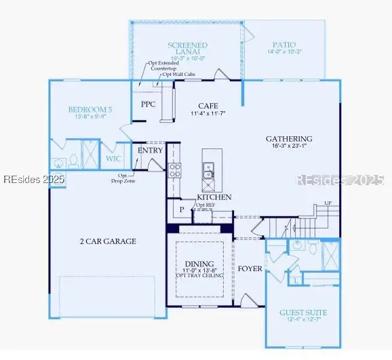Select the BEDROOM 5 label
pos(90,110)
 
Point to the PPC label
pos(149,104)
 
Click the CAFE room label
pos(207,106)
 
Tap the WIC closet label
pos(113,159)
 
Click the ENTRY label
pos(150,150)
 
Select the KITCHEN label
pos(214,197)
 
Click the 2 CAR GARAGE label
pos(108,241)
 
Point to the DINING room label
pos(199,263)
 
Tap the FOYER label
pos(250,268)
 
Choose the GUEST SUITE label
pos(303,313)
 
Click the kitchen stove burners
pos(174,169)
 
